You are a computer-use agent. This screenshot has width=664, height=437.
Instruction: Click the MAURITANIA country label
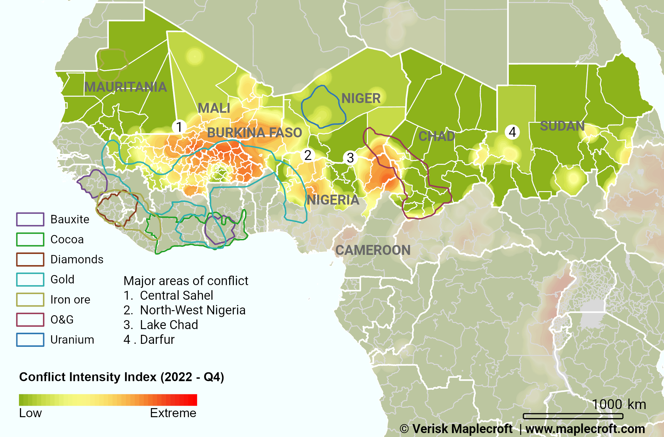tap(125, 87)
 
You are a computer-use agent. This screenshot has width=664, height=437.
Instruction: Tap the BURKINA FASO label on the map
tap(254, 133)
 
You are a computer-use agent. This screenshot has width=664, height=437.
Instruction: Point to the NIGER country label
tap(361, 98)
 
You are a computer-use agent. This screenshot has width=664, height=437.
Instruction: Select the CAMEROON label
tap(373, 250)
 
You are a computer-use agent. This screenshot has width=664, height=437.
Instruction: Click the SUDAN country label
tap(562, 126)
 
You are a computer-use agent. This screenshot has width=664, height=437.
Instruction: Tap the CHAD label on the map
tap(437, 136)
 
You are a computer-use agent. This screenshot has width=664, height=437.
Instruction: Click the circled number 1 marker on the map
tap(179, 127)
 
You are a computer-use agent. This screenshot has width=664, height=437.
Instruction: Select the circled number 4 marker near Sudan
tap(512, 132)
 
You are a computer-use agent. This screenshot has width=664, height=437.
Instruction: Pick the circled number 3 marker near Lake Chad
tap(350, 158)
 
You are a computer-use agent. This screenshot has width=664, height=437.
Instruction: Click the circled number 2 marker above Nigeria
tap(308, 155)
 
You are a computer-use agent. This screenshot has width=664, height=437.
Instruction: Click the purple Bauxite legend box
tap(30, 219)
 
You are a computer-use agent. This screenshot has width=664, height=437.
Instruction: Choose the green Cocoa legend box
tap(30, 240)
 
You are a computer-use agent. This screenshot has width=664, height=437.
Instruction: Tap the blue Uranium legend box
tap(30, 340)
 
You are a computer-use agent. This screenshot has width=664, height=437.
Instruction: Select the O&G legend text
tap(62, 319)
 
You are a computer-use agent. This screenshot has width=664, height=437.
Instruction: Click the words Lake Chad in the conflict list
tap(169, 325)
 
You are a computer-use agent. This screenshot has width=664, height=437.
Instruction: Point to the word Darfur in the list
tap(157, 340)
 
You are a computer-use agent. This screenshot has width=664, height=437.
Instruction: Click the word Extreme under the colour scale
tap(173, 413)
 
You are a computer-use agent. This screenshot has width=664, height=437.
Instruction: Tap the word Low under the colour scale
tap(30, 413)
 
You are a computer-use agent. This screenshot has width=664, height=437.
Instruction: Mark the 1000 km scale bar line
tap(573, 416)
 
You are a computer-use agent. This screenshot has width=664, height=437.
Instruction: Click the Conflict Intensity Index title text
tap(121, 377)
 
